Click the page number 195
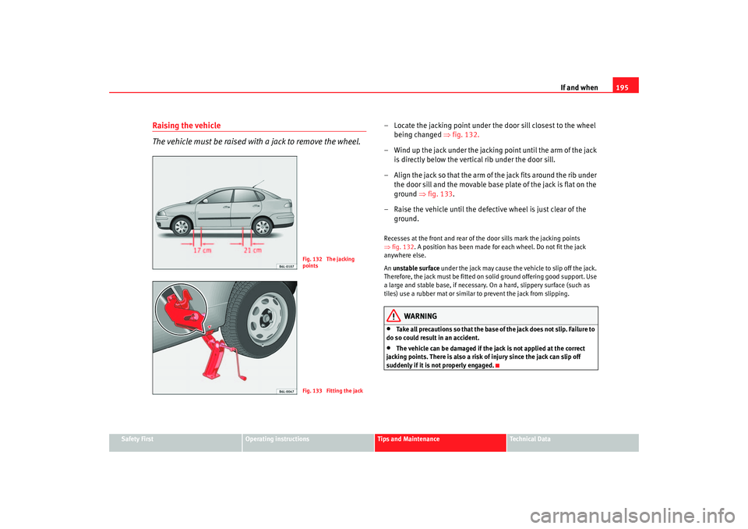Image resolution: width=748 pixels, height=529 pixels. [622, 87]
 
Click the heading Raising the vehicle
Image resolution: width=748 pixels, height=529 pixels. [186, 126]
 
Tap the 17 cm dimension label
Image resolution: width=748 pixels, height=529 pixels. [203, 250]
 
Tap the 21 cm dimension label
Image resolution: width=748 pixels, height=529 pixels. [252, 250]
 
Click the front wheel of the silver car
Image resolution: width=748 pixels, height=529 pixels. [182, 226]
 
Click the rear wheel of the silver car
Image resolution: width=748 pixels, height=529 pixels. [263, 226]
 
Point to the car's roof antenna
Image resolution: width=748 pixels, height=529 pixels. [258, 184]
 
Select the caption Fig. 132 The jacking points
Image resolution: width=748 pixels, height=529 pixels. [328, 262]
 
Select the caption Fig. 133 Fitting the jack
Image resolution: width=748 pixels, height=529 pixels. [333, 391]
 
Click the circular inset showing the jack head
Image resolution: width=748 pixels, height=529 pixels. [182, 309]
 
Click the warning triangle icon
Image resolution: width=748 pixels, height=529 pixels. [393, 316]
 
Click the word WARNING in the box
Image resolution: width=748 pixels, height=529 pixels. [420, 316]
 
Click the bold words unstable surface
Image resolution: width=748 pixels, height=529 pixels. [416, 268]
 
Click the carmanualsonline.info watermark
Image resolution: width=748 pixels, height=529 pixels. [633, 517]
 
